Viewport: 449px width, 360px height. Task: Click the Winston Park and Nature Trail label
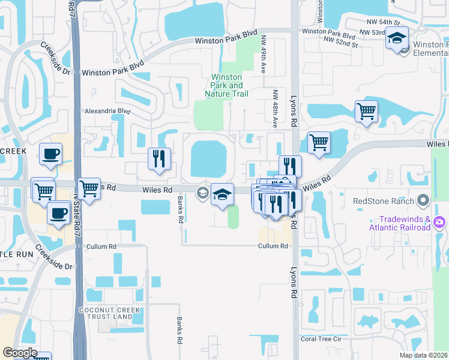tap(226, 85)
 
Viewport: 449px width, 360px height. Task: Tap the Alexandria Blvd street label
tap(107, 111)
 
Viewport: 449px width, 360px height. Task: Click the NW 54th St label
tap(379, 22)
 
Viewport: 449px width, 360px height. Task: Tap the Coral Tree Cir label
tap(321, 339)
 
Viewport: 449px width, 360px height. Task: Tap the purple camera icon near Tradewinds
tap(439, 223)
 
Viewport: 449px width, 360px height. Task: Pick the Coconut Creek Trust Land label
tap(105, 313)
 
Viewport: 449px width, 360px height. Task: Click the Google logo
tap(20, 353)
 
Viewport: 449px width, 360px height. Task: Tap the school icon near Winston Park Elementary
tap(396, 38)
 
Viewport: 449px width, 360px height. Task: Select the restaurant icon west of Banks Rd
tap(159, 159)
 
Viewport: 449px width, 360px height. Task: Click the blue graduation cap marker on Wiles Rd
tap(222, 195)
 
